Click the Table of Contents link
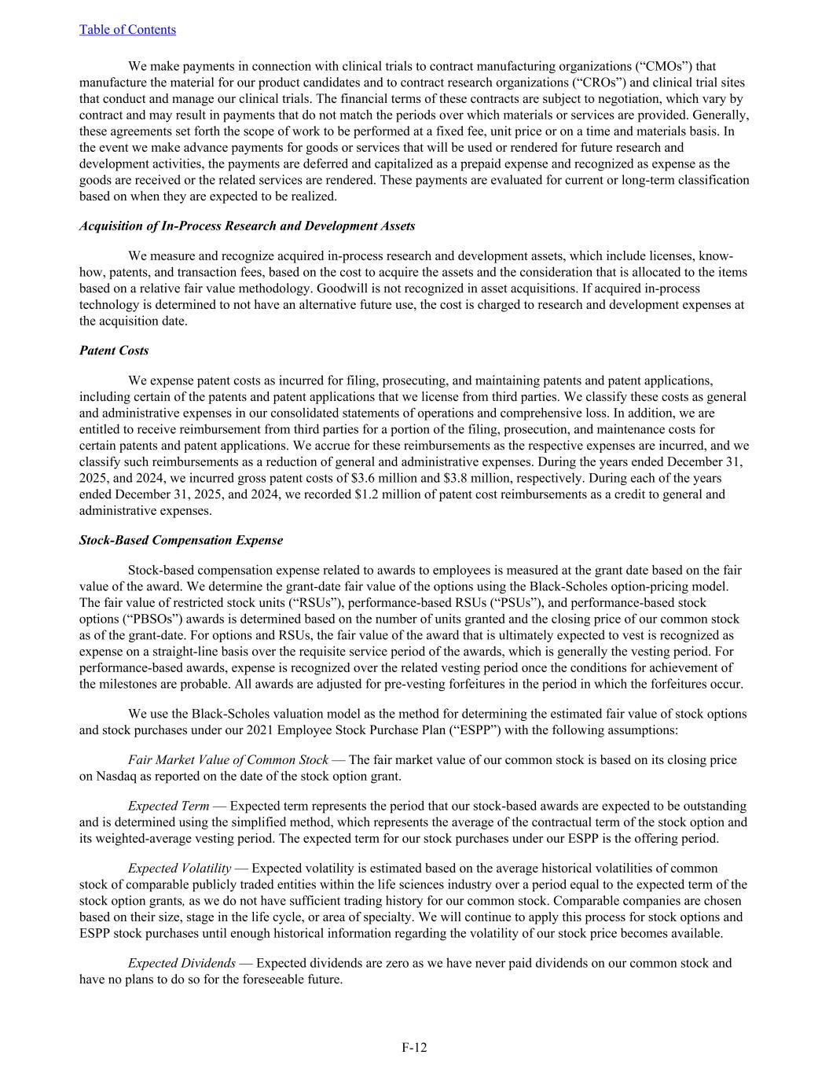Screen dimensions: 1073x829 coord(127,30)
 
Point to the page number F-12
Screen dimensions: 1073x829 coord(414,1047)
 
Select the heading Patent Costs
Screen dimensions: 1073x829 coord(114,351)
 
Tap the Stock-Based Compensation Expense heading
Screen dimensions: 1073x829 coord(181,540)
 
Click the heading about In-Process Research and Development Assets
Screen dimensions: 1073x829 coord(247,226)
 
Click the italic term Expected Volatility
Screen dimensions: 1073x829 coord(179,869)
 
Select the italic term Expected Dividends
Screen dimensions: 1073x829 coord(182,963)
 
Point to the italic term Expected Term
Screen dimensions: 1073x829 coord(168,806)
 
